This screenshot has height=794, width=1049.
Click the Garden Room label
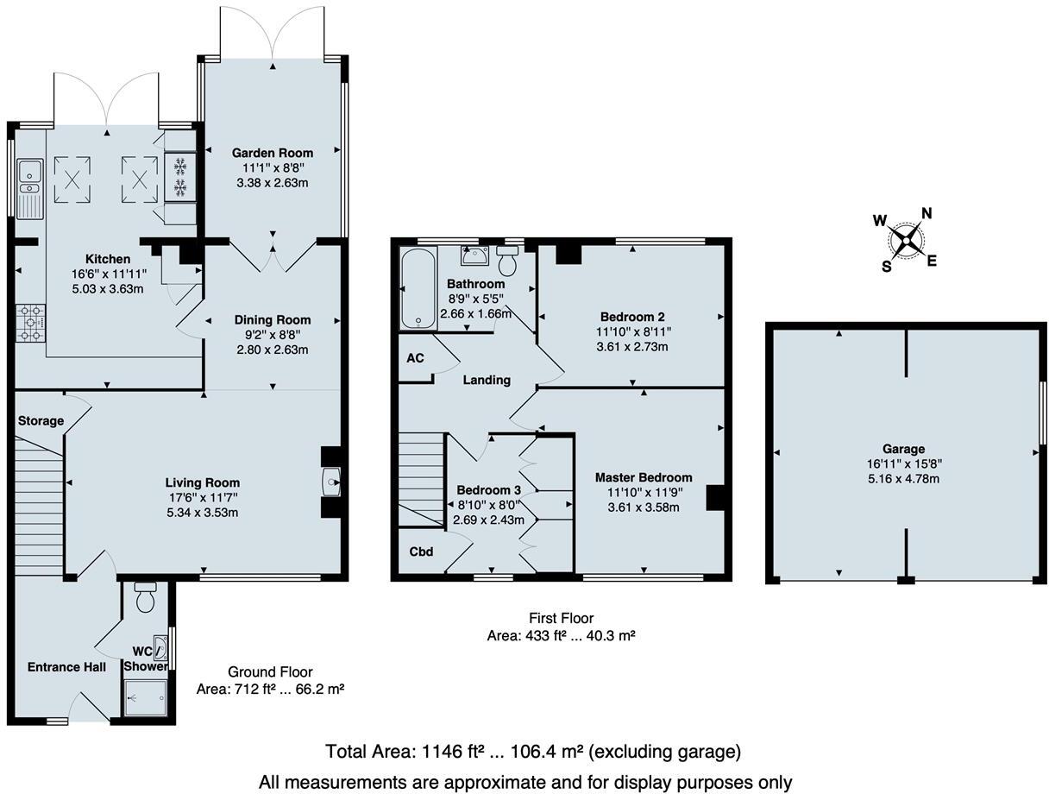point(272,153)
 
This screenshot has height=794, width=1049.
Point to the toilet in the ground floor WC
point(145,596)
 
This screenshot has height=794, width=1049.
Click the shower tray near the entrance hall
point(146,696)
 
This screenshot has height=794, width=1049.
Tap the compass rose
point(905,239)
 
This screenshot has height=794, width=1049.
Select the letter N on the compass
point(927,214)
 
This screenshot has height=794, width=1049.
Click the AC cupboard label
point(414,357)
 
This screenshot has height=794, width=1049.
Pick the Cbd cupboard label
point(421,551)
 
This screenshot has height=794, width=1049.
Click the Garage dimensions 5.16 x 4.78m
point(904,478)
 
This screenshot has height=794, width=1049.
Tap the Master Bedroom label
point(644,477)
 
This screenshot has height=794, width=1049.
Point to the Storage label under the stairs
point(41,420)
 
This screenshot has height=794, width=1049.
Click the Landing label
point(487,380)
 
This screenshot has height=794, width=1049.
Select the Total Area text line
point(532,752)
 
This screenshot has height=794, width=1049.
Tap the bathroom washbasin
point(472,255)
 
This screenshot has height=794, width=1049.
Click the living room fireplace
point(331,482)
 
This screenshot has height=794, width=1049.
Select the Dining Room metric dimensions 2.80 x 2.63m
point(272,350)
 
